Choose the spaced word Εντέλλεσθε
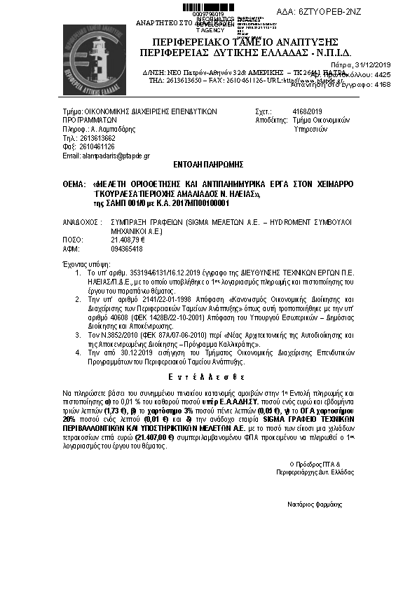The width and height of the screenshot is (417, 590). (x=208, y=376)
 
